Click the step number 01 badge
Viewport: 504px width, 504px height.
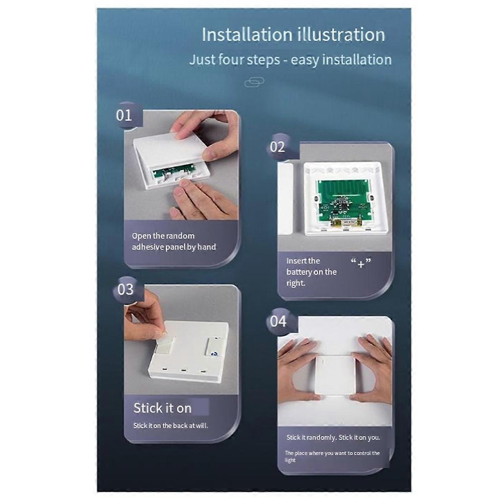click(124, 115)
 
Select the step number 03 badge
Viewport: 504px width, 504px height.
click(126, 289)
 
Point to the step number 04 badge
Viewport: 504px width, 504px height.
click(278, 321)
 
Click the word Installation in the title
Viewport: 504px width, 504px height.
click(247, 34)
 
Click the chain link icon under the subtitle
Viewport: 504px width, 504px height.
click(254, 82)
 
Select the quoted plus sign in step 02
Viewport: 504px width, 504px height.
click(361, 263)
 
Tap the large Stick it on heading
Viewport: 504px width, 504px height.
click(163, 408)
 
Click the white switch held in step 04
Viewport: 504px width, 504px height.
click(335, 376)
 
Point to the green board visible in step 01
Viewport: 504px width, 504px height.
click(173, 173)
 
